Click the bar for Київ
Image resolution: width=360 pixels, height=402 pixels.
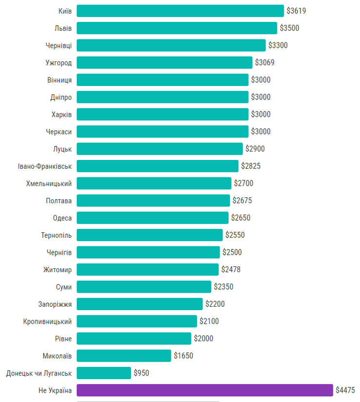coord(180,11)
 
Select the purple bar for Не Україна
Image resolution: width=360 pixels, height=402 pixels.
coord(205,390)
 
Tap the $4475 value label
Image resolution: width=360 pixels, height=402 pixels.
coord(345,390)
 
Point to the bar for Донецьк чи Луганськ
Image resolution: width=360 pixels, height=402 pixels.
coord(104,373)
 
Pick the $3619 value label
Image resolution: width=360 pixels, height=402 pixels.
coord(296,11)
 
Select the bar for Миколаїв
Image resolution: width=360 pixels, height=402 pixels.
coord(124,356)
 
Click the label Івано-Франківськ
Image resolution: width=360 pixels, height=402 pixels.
coord(44,166)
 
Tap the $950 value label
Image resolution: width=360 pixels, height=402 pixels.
coord(141,373)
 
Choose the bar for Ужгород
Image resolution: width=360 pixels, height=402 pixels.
coord(164,63)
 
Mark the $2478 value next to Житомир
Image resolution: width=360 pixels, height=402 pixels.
coord(231,269)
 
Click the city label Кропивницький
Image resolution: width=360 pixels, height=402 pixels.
coord(47,321)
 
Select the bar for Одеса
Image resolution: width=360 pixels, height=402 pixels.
coord(152,218)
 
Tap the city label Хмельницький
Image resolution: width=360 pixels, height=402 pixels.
coord(49,183)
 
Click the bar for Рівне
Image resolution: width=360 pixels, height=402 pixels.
coord(134,338)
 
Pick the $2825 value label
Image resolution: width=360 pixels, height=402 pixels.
coord(251,166)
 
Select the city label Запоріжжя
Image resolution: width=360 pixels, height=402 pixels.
coord(55,304)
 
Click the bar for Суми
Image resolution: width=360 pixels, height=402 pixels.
coord(144,287)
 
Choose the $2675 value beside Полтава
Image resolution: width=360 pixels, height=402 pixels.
coord(242,200)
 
